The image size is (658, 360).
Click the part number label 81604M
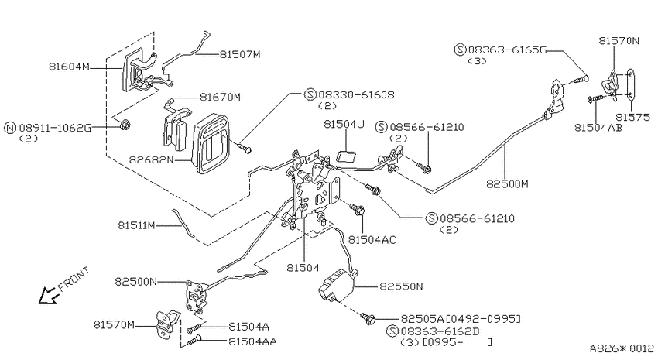coord(69,67)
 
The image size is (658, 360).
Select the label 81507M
coord(240,54)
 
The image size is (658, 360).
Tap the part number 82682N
coord(151,159)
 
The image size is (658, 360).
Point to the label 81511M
coord(136,225)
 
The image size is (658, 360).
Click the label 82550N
coord(401,286)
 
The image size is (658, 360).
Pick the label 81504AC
coord(372,239)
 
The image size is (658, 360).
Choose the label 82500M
coord(507,183)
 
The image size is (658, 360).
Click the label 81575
coord(632,117)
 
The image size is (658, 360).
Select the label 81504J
coord(344,124)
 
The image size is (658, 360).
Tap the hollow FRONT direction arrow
coord(49,294)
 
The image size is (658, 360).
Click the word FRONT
coord(74,279)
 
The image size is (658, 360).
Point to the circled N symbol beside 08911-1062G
coord(10,128)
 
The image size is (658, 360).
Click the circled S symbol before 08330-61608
coord(310,94)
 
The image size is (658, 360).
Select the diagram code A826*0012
coord(622,348)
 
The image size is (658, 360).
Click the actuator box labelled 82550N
coord(337,286)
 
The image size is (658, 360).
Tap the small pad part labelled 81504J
coord(347,157)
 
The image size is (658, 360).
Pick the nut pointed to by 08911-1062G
coord(124,125)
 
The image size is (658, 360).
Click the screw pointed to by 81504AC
coord(357,208)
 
